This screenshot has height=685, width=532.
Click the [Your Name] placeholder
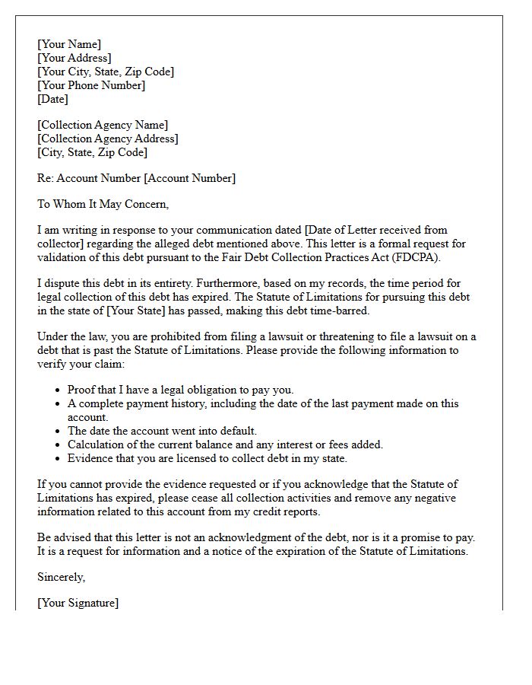(x=69, y=44)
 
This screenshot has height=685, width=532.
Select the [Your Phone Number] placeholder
(x=91, y=85)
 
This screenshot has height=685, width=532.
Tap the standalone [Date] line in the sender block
(x=52, y=99)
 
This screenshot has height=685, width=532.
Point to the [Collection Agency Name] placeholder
(x=103, y=125)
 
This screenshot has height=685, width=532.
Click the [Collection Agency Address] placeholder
(x=108, y=139)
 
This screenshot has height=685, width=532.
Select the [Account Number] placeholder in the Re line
(x=189, y=178)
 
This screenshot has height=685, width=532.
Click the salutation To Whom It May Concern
(x=103, y=204)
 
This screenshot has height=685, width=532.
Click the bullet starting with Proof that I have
(x=180, y=390)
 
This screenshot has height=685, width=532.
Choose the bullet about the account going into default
(x=162, y=431)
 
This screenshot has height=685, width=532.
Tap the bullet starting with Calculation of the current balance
(x=225, y=444)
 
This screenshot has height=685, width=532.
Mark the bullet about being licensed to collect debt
(x=207, y=458)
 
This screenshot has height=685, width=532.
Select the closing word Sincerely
(x=61, y=577)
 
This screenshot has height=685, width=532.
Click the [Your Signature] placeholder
(x=78, y=603)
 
